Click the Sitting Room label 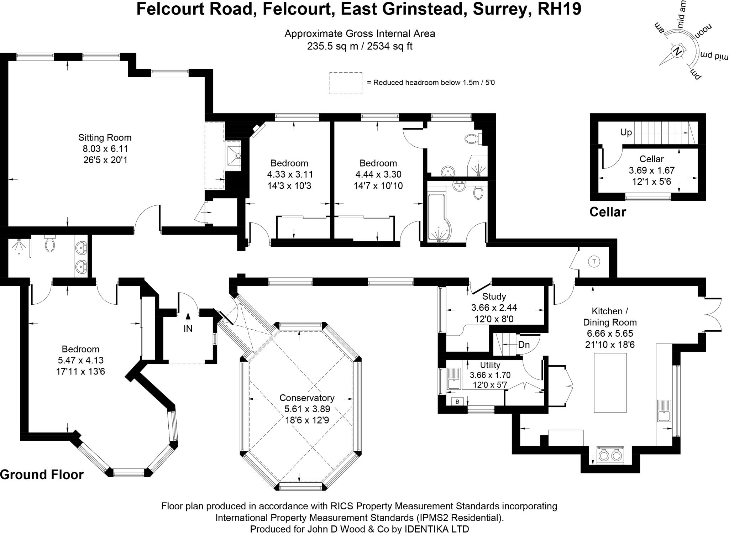tap(105, 137)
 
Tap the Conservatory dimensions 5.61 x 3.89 tap(307, 409)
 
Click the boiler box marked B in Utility tap(457, 402)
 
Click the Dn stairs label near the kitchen tap(524, 345)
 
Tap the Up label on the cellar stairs tap(626, 132)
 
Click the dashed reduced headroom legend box tap(345, 83)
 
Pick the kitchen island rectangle tap(610, 383)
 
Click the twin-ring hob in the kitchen tap(610, 455)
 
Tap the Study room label tap(494, 296)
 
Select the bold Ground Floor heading tap(42, 474)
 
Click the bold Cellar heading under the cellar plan tap(608, 212)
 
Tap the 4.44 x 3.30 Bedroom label tap(378, 174)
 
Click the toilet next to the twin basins tap(49, 244)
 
